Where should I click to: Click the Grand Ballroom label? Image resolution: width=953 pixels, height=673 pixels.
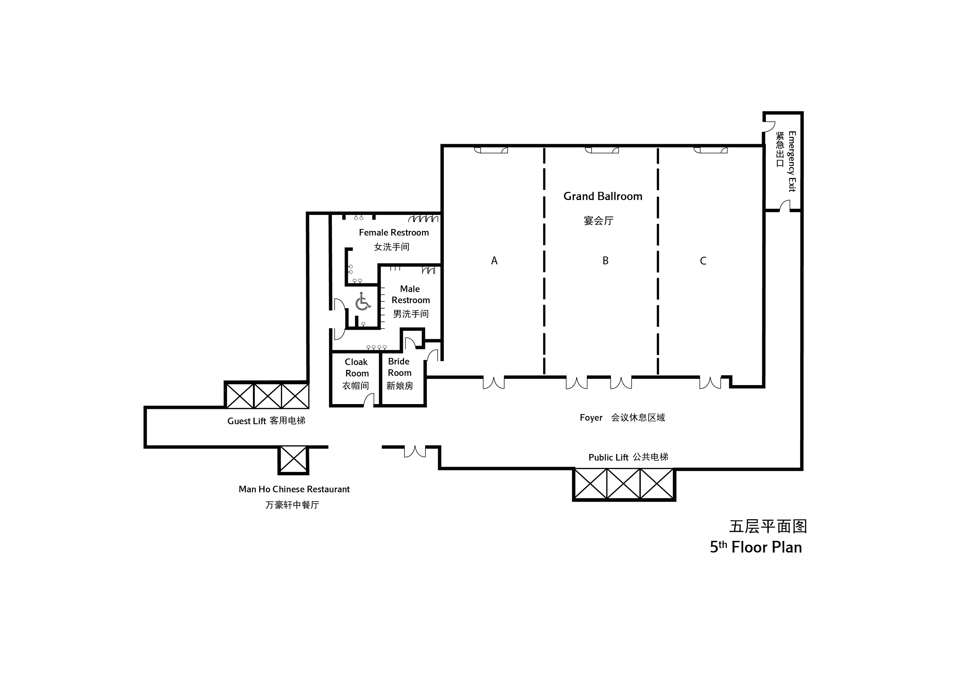click(x=602, y=196)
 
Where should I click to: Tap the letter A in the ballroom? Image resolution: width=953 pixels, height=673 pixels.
click(x=494, y=261)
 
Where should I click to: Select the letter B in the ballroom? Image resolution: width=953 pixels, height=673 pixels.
click(x=605, y=261)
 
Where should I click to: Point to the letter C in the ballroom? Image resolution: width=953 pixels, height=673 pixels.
click(x=703, y=261)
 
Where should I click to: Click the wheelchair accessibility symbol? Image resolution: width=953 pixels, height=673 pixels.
click(x=363, y=301)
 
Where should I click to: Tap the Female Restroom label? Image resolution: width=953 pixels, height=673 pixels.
click(x=393, y=233)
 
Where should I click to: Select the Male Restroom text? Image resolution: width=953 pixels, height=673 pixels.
click(x=410, y=294)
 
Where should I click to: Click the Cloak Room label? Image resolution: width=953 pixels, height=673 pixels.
click(x=356, y=368)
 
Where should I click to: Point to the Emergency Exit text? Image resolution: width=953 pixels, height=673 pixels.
click(x=792, y=162)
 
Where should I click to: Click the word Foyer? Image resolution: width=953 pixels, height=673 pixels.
click(x=591, y=418)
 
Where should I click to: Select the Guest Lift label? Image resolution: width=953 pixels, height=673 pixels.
click(x=247, y=421)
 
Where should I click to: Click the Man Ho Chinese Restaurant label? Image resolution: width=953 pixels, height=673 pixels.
click(x=294, y=489)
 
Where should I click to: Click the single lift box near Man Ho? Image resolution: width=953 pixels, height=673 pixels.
click(x=293, y=459)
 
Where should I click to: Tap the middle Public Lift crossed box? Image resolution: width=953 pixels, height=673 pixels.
click(x=623, y=484)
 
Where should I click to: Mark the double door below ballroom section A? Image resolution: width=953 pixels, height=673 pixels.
click(x=494, y=382)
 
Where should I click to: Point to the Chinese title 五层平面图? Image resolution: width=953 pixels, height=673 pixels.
click(x=768, y=527)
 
